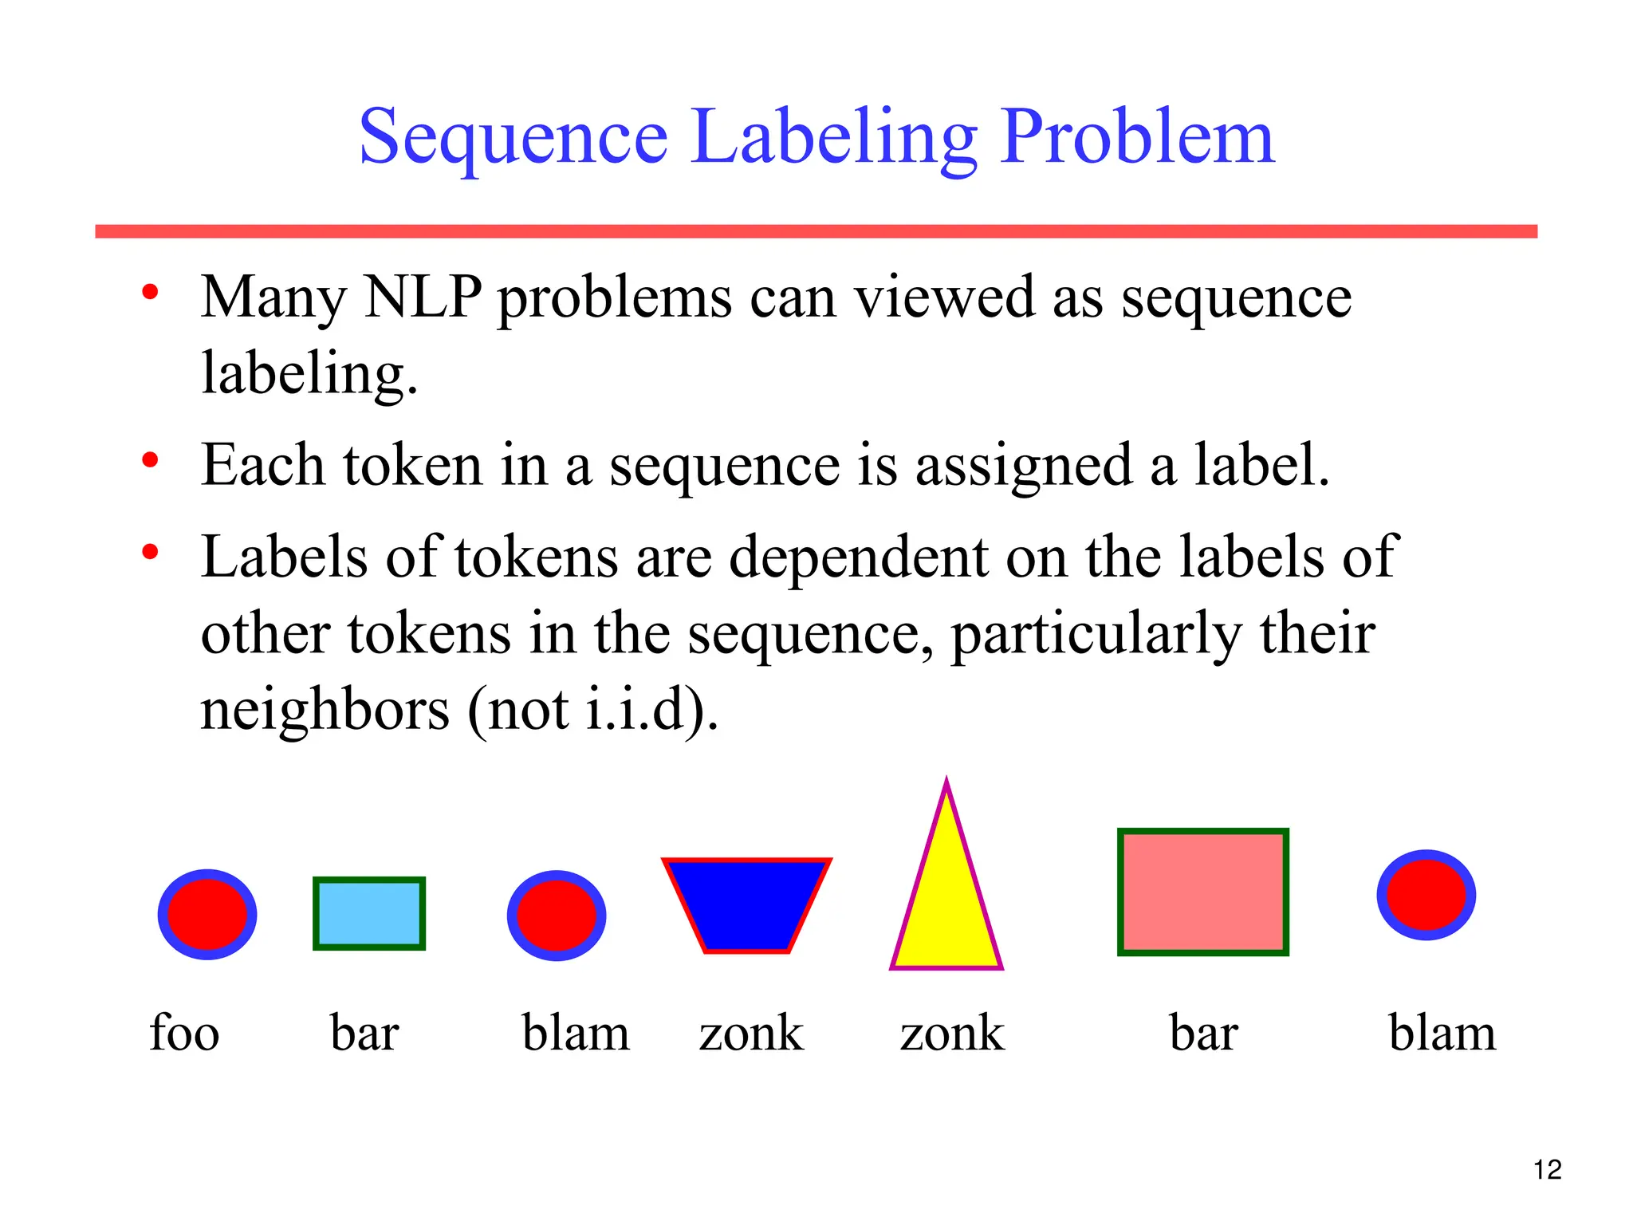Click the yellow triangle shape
tap(946, 909)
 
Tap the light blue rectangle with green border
tap(369, 914)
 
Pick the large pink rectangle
tap(1202, 892)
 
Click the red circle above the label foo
tap(207, 914)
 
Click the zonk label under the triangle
tap(952, 1034)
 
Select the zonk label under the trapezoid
tap(751, 1034)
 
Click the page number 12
tap(1547, 1170)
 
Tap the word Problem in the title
tap(1137, 137)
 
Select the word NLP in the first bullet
tap(423, 297)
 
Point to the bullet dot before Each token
tap(150, 460)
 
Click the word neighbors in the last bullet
tap(325, 709)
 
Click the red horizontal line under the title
tap(816, 231)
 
